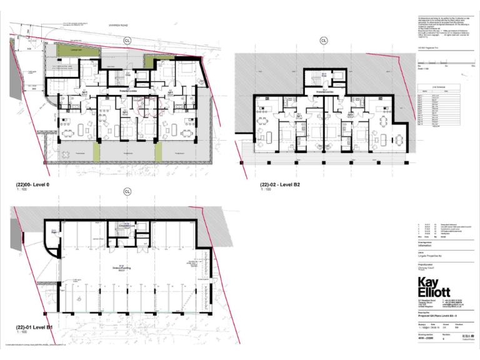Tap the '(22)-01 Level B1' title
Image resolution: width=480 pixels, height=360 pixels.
coord(34,327)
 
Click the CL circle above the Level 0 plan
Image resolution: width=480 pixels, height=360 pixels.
coord(128,39)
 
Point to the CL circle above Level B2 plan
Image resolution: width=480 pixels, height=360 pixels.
coord(324,41)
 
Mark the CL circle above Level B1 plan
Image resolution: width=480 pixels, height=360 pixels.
coord(127,191)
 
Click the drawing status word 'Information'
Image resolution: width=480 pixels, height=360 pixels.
coord(426,246)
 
